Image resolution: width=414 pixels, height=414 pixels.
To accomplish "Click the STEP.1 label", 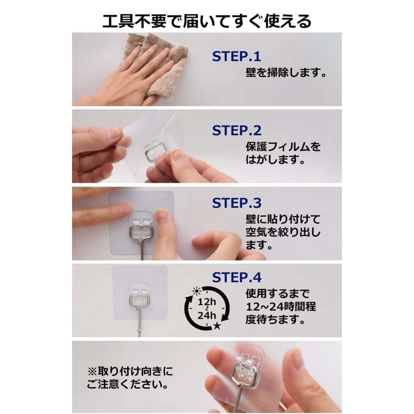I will click(x=236, y=56).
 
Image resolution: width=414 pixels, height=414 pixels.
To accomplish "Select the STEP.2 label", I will click(x=237, y=130).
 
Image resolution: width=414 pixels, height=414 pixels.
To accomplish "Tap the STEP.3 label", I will click(x=237, y=203).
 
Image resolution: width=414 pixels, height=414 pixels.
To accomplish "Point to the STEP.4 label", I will click(x=237, y=277).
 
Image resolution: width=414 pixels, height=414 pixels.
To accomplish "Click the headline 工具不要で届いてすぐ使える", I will click(x=207, y=21).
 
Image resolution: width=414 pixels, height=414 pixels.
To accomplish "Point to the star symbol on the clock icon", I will click(x=217, y=326).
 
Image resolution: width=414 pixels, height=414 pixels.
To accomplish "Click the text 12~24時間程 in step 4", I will click(x=281, y=307).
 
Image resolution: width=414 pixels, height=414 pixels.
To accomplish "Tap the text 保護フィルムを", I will click(x=283, y=147).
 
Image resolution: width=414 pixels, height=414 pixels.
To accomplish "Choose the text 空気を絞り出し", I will click(x=283, y=232).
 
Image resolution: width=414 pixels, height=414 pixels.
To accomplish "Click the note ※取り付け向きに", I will click(x=130, y=371).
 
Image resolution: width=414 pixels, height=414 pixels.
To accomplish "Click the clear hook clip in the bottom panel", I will click(x=246, y=364).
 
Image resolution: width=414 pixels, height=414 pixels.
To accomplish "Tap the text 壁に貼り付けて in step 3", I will click(x=283, y=219).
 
